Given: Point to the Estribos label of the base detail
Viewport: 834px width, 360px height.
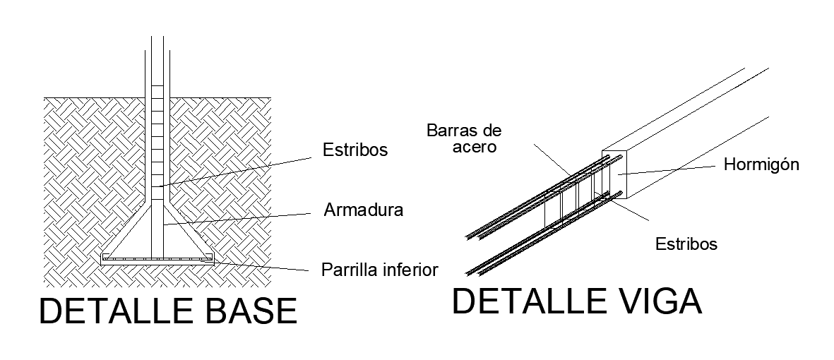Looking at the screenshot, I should tap(355, 150).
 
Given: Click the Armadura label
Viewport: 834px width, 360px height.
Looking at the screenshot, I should tap(363, 210).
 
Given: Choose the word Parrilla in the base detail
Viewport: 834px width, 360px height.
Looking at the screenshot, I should tap(346, 270).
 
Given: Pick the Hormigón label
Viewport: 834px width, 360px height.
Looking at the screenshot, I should tap(761, 165).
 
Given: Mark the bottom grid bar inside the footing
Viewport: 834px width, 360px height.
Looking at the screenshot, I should tap(157, 259).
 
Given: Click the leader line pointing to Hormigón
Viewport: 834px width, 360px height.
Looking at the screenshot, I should tap(671, 169).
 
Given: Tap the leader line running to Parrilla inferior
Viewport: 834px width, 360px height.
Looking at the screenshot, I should tap(261, 266).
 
